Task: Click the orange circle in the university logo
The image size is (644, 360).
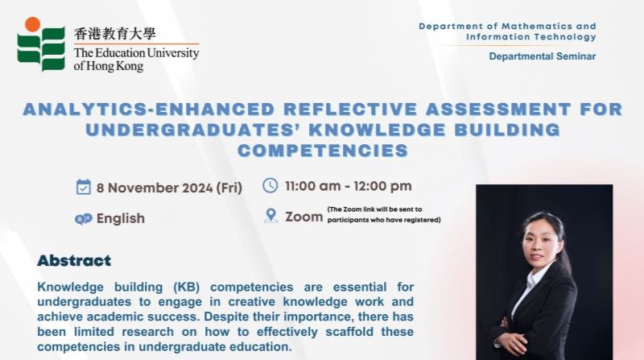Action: click(x=32, y=24)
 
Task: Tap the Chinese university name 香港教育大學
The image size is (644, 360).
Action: click(x=115, y=34)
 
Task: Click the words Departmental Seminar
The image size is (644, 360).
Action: click(x=542, y=56)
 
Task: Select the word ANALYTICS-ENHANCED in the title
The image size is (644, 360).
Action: click(x=149, y=110)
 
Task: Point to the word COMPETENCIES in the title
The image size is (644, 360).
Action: click(x=323, y=151)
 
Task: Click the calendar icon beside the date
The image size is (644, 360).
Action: click(x=84, y=187)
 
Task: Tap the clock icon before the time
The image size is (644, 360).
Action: click(x=270, y=185)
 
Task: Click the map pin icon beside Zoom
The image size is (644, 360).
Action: click(x=270, y=216)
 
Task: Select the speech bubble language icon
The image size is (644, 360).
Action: click(x=84, y=219)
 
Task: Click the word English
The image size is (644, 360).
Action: click(x=121, y=218)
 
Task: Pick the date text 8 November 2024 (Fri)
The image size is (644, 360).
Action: click(x=169, y=188)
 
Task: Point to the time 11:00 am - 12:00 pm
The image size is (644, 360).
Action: click(x=349, y=186)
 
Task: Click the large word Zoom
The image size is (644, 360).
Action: click(x=304, y=217)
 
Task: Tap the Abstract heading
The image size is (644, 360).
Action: click(x=74, y=261)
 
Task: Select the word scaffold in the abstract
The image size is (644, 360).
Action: click(x=349, y=332)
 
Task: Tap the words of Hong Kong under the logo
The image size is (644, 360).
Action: click(x=109, y=66)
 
